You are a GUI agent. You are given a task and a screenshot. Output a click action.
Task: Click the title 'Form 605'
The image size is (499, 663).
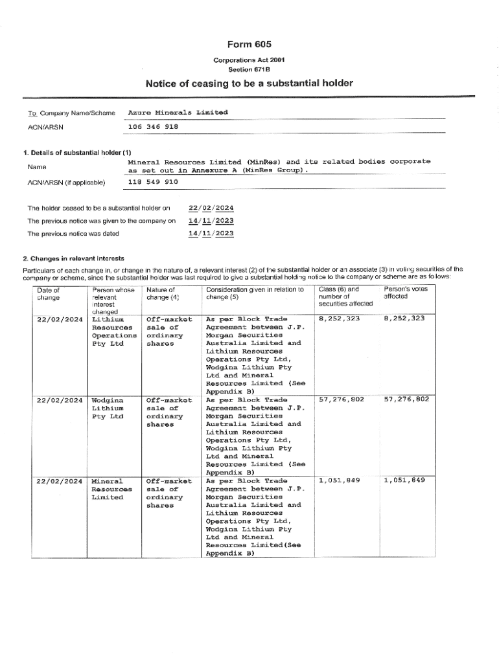pos(249,44)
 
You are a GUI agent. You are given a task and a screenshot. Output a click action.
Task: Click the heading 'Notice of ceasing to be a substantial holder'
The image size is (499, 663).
pos(249,84)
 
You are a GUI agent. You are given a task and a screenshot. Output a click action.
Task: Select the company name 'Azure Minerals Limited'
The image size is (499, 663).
pos(178,113)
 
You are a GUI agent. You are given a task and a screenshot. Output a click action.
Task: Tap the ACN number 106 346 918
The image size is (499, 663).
pos(153,126)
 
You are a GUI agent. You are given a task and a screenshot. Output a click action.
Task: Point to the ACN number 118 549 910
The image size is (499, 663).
pos(153,183)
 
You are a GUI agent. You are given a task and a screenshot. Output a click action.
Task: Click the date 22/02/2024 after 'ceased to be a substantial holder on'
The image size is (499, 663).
pos(211,208)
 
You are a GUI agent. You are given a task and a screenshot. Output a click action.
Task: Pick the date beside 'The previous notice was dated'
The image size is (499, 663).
pos(211,234)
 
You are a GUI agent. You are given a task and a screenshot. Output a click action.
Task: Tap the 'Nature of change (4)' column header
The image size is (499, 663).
pos(163,294)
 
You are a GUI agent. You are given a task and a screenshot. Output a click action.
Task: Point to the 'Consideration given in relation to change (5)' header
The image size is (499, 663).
pos(255,294)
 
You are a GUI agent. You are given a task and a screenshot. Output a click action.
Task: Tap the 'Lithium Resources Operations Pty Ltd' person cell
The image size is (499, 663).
pos(114,331)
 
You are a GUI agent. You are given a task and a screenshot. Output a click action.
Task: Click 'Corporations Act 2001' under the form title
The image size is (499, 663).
pos(249,60)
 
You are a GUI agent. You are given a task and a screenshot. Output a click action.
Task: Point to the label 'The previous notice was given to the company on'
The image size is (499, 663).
pos(101,221)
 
